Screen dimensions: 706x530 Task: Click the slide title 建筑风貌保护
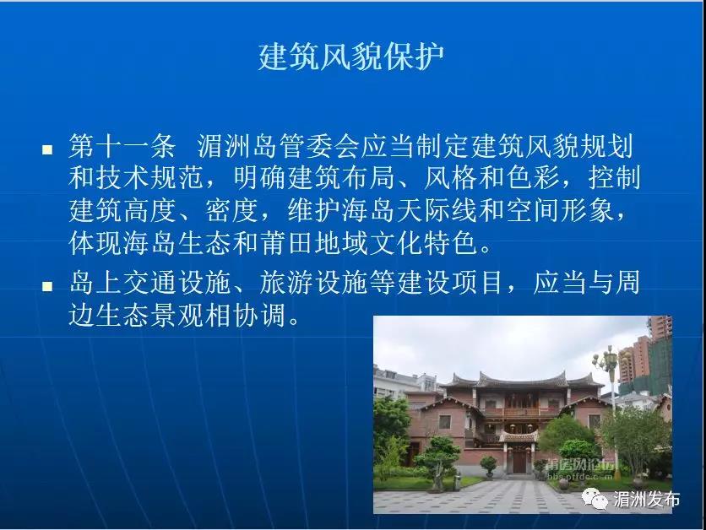351,57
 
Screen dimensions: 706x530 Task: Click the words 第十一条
122,146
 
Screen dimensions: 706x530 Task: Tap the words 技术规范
149,178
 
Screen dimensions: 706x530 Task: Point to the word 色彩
532,178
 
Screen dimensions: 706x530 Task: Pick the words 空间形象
559,210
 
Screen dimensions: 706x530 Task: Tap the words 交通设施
176,283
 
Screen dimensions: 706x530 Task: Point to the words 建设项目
450,283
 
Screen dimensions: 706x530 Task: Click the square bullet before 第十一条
47,150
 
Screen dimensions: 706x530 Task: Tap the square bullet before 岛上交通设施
47,286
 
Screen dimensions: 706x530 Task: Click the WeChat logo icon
595,499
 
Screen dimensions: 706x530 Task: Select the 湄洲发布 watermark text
647,499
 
